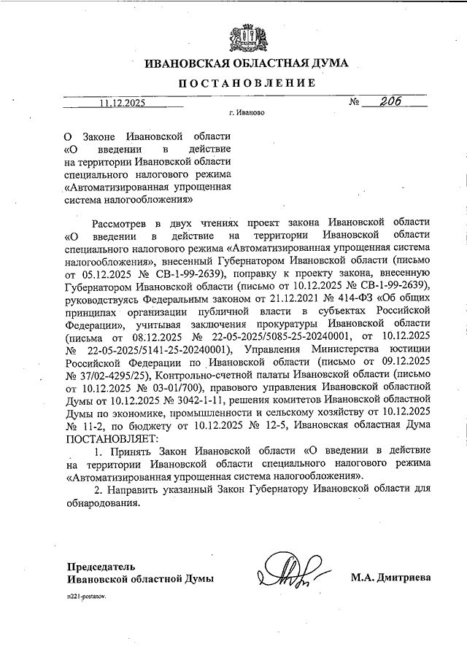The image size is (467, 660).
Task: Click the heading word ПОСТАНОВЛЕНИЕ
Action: pyautogui.click(x=245, y=83)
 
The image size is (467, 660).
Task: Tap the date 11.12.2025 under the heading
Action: pyautogui.click(x=122, y=104)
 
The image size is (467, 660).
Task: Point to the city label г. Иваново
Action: pyautogui.click(x=246, y=114)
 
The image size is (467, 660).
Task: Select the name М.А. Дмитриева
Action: pyautogui.click(x=390, y=578)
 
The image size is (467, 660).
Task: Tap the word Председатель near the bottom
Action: pyautogui.click(x=101, y=566)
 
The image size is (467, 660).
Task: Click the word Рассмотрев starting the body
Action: pyautogui.click(x=126, y=221)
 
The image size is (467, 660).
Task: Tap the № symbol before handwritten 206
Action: pyautogui.click(x=355, y=103)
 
